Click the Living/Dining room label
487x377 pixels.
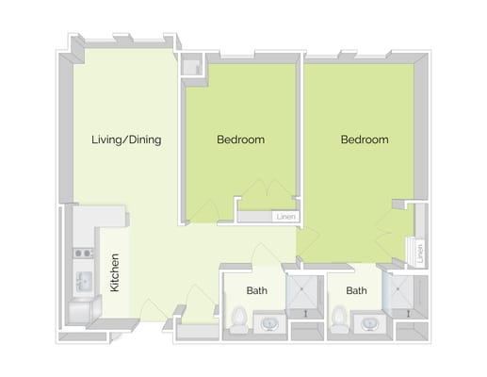[126, 140]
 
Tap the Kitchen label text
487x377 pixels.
[115, 271]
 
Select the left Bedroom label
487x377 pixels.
[240, 140]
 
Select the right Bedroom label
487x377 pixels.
[364, 140]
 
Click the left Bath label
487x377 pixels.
[256, 291]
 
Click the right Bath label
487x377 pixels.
[356, 291]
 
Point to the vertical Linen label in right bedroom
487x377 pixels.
[419, 253]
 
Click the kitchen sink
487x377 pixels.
[83, 280]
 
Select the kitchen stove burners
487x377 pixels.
[82, 253]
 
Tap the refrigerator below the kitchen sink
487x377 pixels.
[82, 310]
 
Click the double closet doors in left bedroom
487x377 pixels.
[268, 193]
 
